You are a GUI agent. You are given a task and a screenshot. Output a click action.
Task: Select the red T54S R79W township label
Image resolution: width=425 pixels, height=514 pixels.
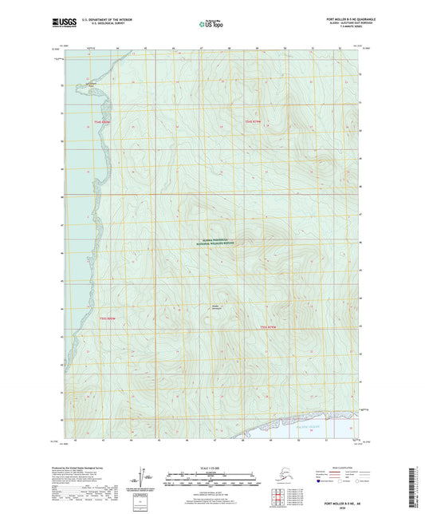pyautogui.click(x=253, y=121)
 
